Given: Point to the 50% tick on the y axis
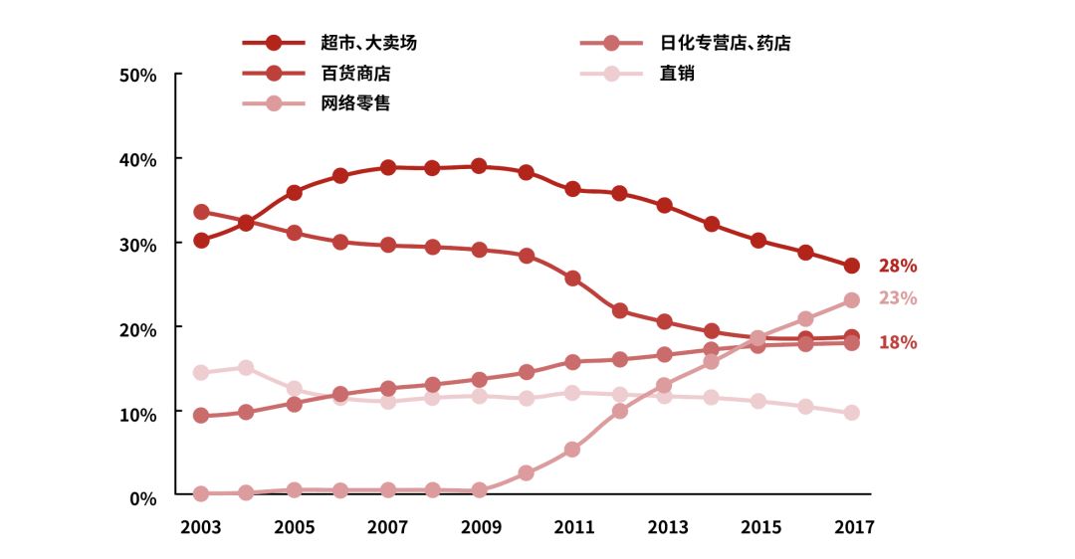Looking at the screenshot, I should coord(138,76).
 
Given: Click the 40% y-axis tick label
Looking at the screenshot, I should coord(138,159).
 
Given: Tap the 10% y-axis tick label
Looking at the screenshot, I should coord(138,414).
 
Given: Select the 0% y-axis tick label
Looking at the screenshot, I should coord(143,497).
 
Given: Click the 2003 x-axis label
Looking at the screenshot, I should coord(201,527).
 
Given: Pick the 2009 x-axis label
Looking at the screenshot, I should coord(480,527).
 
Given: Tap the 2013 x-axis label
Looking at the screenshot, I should coord(666,527).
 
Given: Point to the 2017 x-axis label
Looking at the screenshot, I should coord(852,527).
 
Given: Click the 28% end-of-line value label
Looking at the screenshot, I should coord(897,266).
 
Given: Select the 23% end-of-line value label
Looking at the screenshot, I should coord(897,298).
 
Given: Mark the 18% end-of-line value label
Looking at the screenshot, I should coord(897,342).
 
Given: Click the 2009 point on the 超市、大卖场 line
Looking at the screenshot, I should coord(479,166).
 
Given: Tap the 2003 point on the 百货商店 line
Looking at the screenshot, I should coord(201,212).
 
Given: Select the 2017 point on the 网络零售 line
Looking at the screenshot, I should coord(852,299).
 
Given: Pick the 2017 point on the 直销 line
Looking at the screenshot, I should coord(852,413).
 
